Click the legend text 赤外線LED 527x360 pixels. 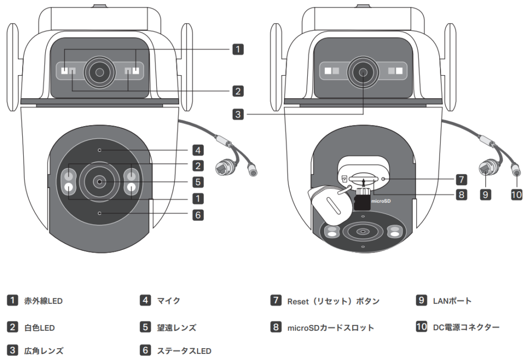[x=43, y=301]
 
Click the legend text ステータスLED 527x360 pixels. [x=184, y=351]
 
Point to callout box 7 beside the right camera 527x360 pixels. [x=461, y=179]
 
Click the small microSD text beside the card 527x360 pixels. [x=382, y=201]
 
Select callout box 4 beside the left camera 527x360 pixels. [x=198, y=151]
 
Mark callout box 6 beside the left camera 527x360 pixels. [x=198, y=214]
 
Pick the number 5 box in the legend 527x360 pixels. [x=146, y=327]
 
